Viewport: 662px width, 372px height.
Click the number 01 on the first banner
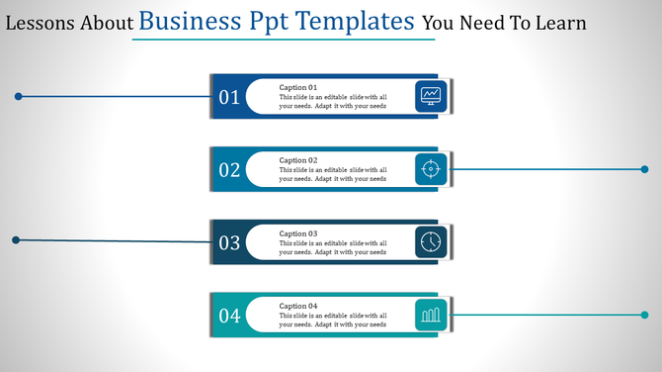point(229,97)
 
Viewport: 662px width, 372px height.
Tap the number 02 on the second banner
point(229,170)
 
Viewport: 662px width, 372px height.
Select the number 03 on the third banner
point(229,243)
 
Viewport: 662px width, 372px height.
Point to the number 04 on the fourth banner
point(229,317)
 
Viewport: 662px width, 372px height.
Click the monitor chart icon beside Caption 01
point(431,96)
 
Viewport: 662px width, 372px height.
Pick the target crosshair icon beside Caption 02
point(431,169)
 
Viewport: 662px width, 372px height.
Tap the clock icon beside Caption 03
point(431,242)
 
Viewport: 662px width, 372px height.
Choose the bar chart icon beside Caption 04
point(431,316)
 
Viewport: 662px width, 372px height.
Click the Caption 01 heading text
point(298,87)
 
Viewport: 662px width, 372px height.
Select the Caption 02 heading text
point(298,160)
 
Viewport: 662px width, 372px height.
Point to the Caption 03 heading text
point(298,233)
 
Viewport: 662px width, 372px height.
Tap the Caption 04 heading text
point(298,307)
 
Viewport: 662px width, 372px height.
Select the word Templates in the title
point(357,20)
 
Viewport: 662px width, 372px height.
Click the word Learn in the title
point(559,22)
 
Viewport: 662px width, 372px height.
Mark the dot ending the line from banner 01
point(18,96)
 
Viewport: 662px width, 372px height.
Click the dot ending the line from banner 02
point(645,169)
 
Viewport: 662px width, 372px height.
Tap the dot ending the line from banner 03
point(15,239)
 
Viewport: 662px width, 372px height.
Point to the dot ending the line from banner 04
point(645,315)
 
